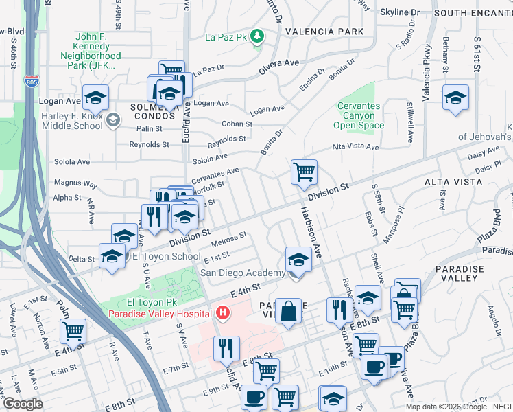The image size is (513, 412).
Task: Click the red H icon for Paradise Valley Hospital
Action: [x=222, y=314]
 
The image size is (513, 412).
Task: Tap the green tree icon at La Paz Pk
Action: [x=258, y=36]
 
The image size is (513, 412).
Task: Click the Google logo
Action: [x=23, y=404]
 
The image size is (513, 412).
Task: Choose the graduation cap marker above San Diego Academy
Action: [x=298, y=260]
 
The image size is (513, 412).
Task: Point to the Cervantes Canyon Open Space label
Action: [x=359, y=116]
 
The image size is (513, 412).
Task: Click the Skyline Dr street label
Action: [x=400, y=12]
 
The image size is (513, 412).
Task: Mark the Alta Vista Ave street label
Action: [x=355, y=147]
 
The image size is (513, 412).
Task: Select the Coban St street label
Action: [x=237, y=124]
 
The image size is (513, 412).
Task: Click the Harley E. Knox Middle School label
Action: [x=72, y=121]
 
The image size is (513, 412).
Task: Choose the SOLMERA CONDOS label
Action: [x=156, y=113]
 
